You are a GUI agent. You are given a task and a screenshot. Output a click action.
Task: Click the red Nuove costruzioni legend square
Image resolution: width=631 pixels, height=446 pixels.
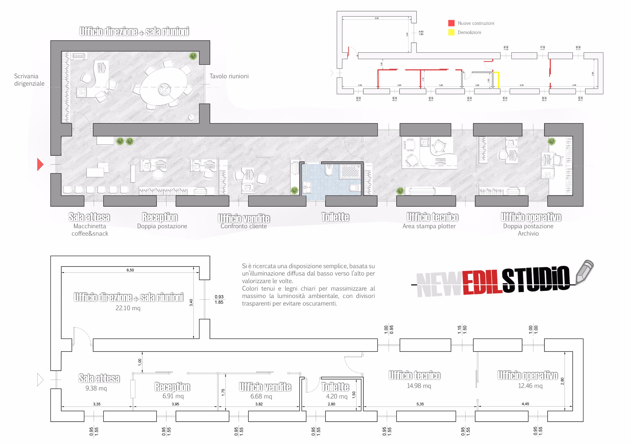pyautogui.click(x=451, y=23)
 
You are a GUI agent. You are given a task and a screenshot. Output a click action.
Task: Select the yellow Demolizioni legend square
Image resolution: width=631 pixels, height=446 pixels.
pyautogui.click(x=451, y=32)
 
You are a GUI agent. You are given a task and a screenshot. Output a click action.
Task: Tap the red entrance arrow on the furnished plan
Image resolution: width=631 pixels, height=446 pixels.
pyautogui.click(x=40, y=164)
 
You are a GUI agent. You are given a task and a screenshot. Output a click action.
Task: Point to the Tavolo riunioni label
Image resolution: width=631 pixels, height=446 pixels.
pyautogui.click(x=229, y=76)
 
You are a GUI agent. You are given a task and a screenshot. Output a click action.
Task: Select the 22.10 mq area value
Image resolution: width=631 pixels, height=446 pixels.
pyautogui.click(x=128, y=308)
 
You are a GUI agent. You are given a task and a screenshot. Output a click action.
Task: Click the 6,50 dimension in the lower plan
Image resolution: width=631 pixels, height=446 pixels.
pyautogui.click(x=130, y=270)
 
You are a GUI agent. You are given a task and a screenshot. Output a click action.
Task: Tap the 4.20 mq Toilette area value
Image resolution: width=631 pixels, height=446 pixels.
pyautogui.click(x=337, y=396)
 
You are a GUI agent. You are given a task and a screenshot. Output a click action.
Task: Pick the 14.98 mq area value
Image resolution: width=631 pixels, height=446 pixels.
pyautogui.click(x=419, y=386)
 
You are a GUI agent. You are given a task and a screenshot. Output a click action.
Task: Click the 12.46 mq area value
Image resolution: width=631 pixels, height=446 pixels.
pyautogui.click(x=530, y=386)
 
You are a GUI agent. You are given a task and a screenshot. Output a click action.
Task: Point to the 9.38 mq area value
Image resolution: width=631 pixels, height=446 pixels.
pyautogui.click(x=96, y=388)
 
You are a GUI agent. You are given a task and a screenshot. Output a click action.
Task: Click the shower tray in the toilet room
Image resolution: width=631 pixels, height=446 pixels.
pyautogui.click(x=350, y=172)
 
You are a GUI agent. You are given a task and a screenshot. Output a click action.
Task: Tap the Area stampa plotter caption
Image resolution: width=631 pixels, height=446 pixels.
pyautogui.click(x=429, y=226)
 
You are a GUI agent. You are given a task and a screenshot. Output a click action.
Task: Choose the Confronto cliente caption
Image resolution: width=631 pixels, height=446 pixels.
pyautogui.click(x=244, y=226)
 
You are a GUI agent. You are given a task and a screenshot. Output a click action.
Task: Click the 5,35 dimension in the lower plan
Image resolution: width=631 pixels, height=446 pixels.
pyautogui.click(x=420, y=404)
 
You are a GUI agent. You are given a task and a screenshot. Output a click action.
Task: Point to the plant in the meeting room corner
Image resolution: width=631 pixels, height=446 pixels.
pyautogui.click(x=193, y=56)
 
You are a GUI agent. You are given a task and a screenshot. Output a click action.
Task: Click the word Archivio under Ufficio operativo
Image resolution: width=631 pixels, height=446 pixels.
pyautogui.click(x=528, y=233)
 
